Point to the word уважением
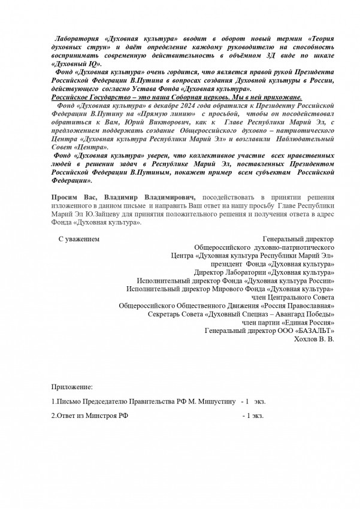(83, 239)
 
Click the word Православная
(307, 305)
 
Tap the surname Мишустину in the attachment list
(214, 401)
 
